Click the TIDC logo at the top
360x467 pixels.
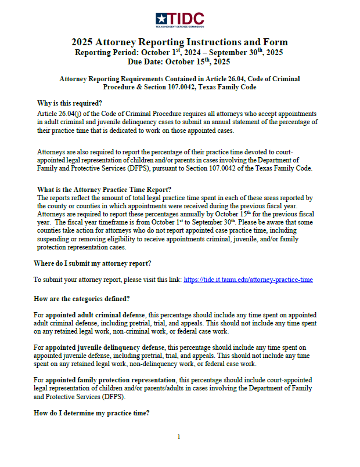pos(179,20)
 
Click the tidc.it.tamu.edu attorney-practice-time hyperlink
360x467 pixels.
pos(248,280)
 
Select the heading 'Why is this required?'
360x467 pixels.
pos(69,103)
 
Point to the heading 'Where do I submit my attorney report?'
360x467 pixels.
pos(92,263)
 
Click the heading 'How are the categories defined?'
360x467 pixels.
pos(81,299)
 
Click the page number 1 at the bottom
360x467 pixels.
pos(179,437)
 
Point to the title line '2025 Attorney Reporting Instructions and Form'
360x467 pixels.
pos(179,42)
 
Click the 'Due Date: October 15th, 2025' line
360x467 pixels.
pos(179,61)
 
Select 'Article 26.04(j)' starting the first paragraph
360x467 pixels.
pos(61,114)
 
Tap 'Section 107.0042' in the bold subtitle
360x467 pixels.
pos(160,87)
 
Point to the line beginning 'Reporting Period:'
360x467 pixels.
pos(179,52)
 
